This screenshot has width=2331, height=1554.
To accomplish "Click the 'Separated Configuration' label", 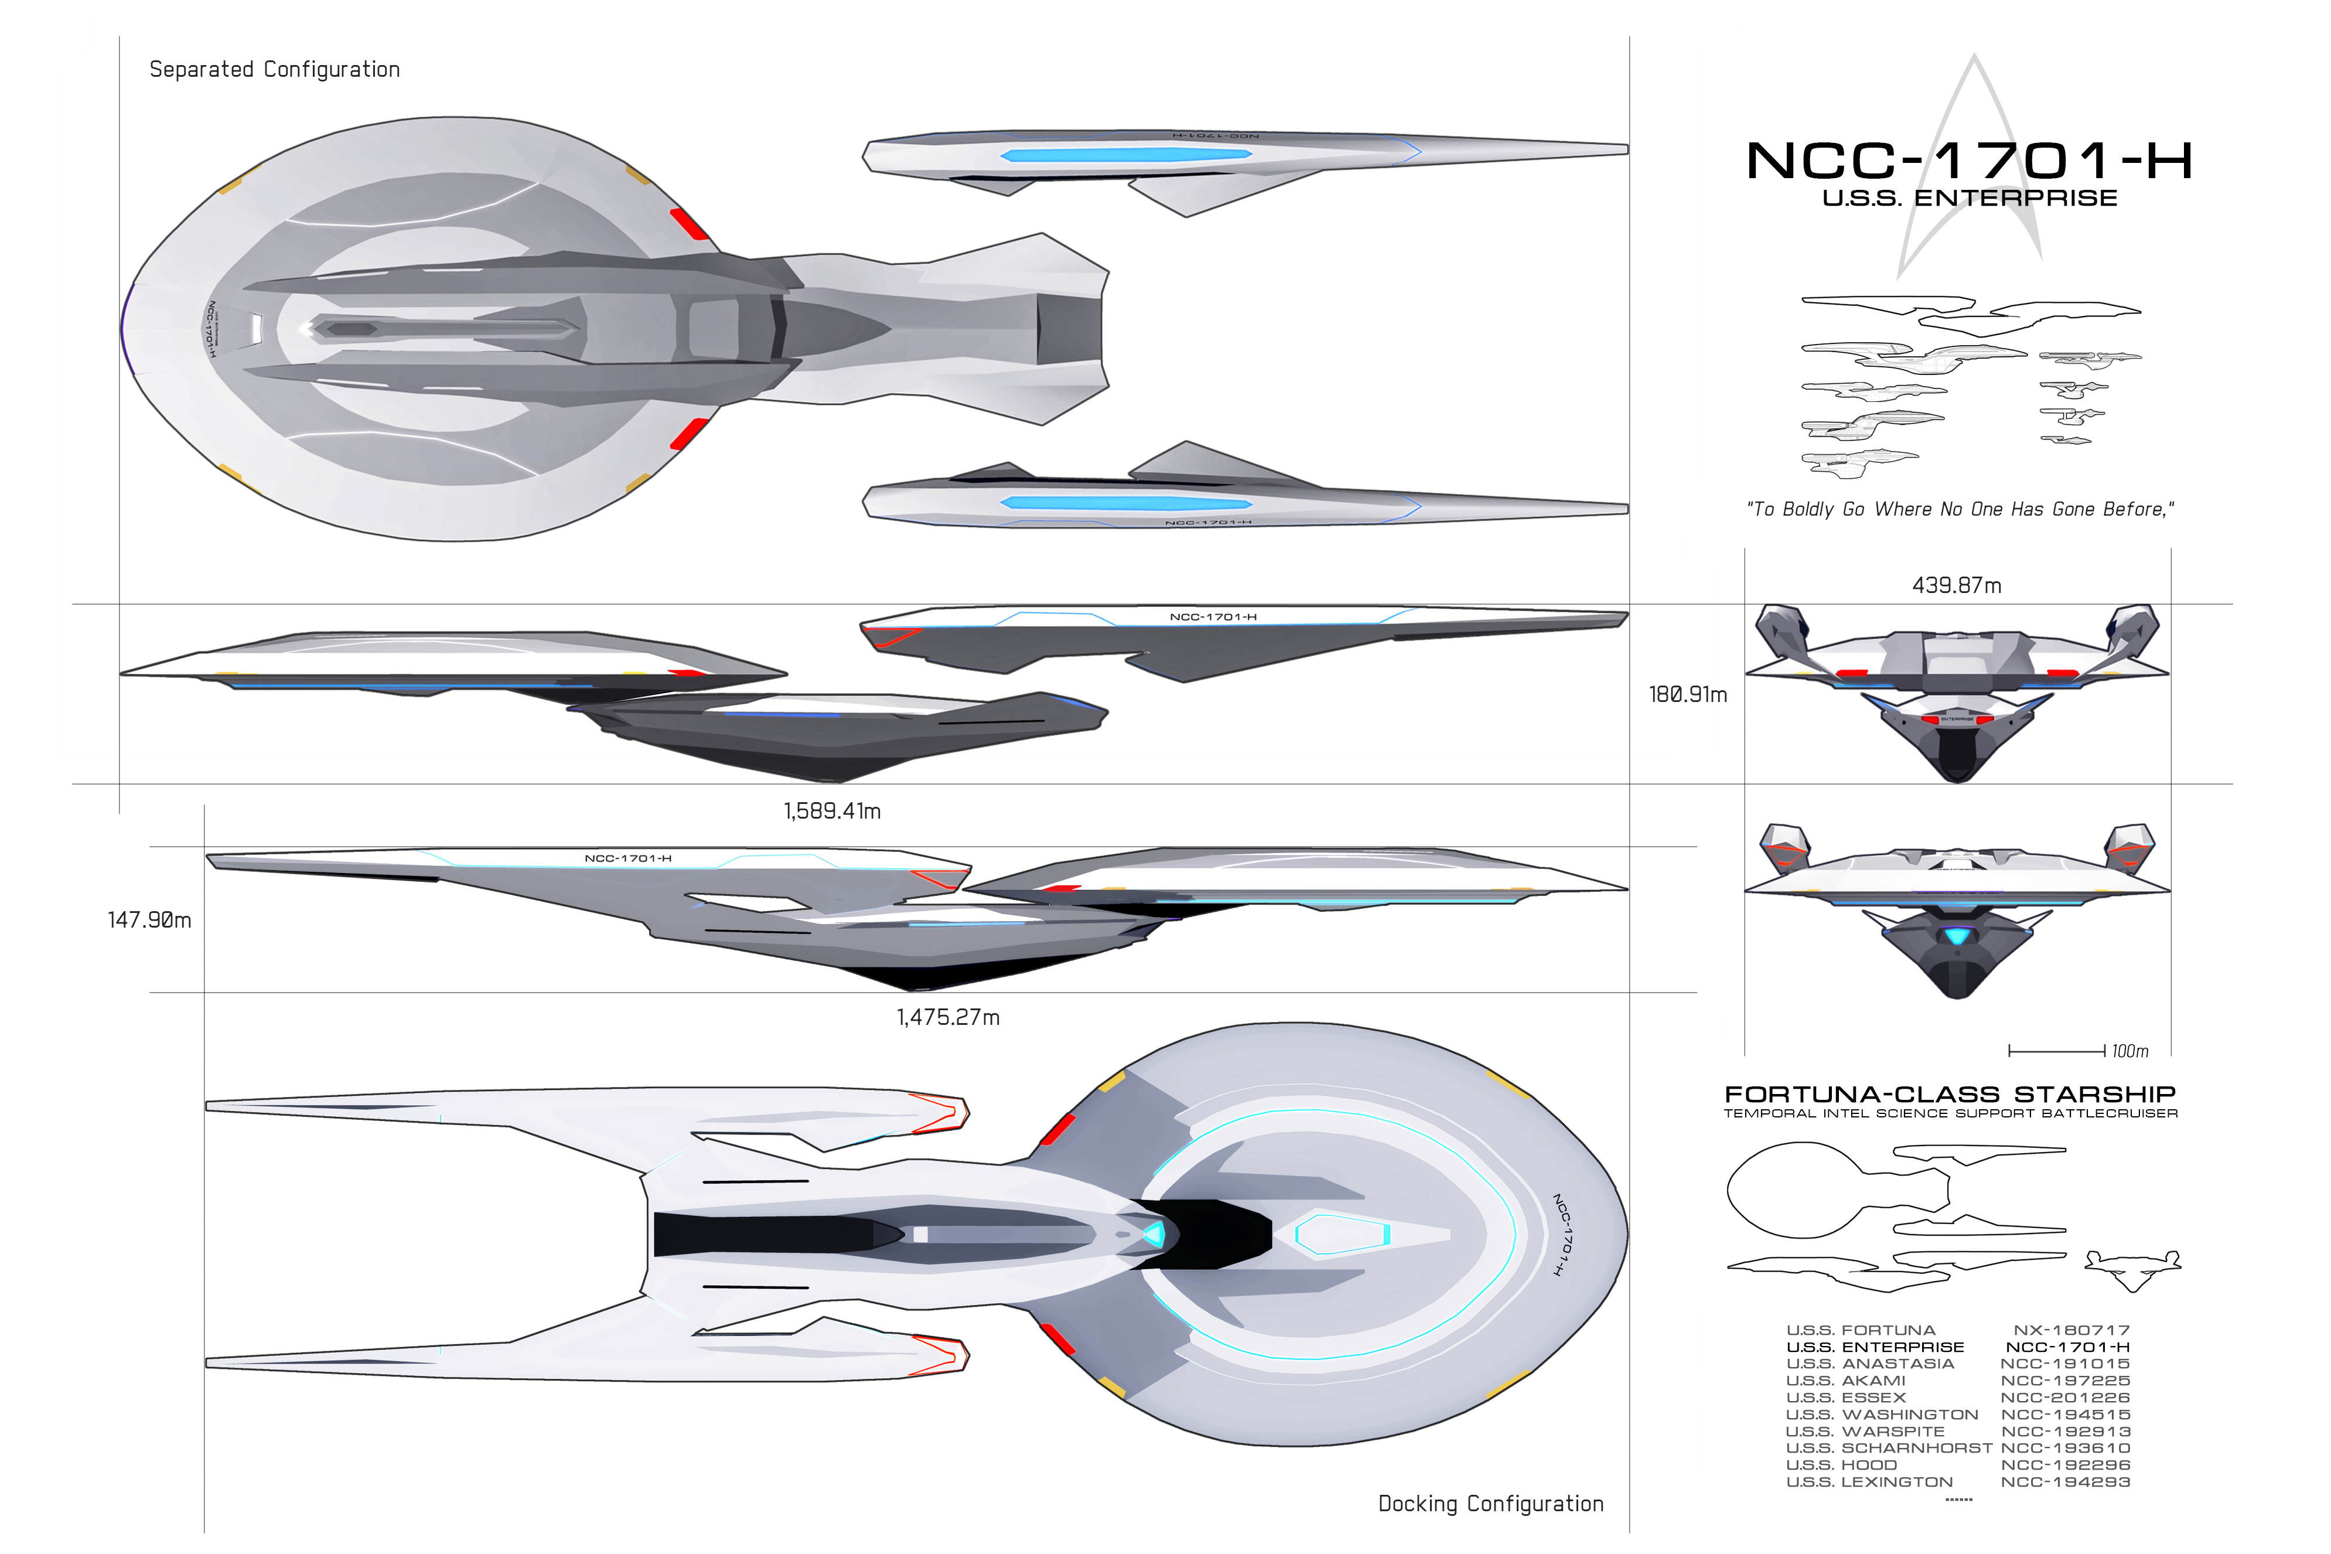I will pyautogui.click(x=274, y=69).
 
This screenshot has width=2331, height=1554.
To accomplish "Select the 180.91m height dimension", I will pyautogui.click(x=1687, y=695).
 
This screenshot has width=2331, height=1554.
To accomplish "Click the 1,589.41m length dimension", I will pyautogui.click(x=832, y=811).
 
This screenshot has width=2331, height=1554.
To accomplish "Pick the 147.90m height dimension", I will pyautogui.click(x=149, y=920).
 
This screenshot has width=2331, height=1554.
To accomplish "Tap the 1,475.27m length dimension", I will pyautogui.click(x=948, y=1017).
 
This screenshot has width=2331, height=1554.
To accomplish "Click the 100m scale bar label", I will pyautogui.click(x=2130, y=1051).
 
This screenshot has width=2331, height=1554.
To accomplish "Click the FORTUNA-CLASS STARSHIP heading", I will pyautogui.click(x=1950, y=1094).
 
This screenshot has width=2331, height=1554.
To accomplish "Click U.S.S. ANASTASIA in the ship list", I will pyautogui.click(x=1869, y=1364).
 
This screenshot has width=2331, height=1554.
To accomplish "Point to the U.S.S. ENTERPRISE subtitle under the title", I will pyautogui.click(x=1970, y=198).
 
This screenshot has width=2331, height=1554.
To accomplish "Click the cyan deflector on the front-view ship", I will pyautogui.click(x=1957, y=936).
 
